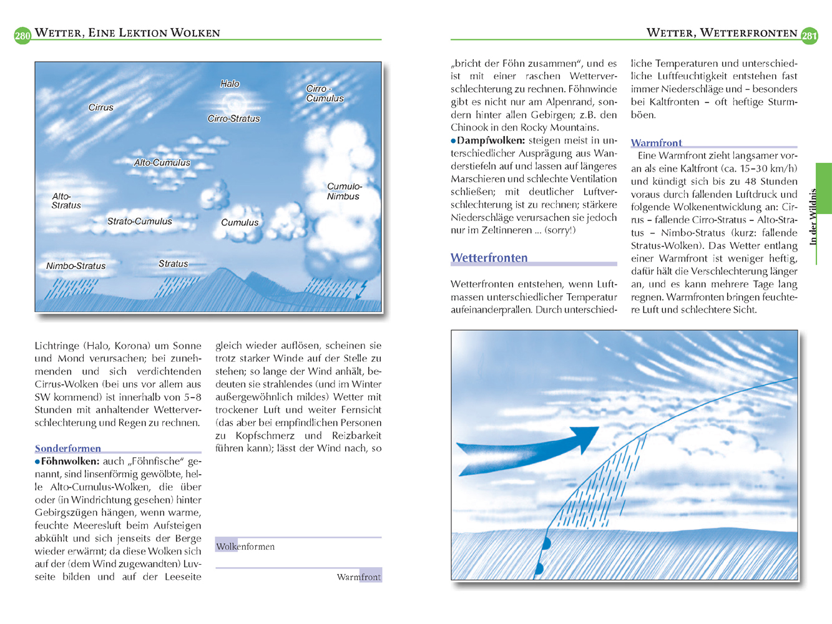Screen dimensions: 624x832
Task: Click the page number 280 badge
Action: click(x=22, y=36)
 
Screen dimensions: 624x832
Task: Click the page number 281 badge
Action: click(x=809, y=36)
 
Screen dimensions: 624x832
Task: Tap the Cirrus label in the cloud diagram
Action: click(x=100, y=107)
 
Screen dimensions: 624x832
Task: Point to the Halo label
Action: click(x=230, y=84)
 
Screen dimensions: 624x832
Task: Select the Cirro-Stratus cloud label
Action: click(x=233, y=119)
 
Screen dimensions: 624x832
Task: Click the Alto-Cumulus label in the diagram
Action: click(x=162, y=163)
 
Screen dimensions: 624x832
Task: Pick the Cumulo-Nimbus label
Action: click(x=344, y=191)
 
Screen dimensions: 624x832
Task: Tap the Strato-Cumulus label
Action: click(x=139, y=222)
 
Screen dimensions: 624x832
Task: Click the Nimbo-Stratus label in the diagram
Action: click(x=76, y=266)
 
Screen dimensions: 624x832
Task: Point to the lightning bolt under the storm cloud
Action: click(x=361, y=289)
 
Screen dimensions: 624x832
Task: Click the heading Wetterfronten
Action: click(x=489, y=258)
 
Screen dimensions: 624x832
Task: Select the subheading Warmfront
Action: click(x=656, y=143)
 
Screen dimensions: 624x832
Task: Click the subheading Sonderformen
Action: click(x=67, y=448)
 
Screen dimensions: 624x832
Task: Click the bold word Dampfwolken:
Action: click(x=490, y=140)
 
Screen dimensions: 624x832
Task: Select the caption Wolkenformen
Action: click(x=245, y=547)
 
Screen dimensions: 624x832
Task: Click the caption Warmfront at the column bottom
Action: click(x=358, y=577)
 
